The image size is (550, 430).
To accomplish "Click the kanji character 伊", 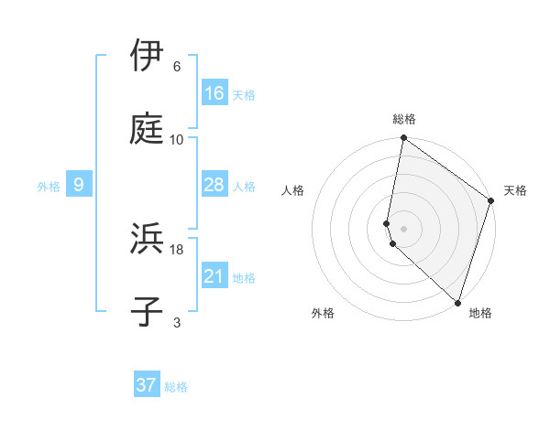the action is (147, 56).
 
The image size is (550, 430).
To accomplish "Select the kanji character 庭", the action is (147, 130).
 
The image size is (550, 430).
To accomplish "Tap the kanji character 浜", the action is (147, 240).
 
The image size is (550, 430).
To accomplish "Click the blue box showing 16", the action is (214, 93).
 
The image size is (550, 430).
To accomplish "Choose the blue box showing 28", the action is (214, 185).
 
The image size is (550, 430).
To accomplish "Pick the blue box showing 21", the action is (214, 276).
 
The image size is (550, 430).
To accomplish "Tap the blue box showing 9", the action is (79, 185).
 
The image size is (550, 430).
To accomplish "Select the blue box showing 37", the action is (147, 385).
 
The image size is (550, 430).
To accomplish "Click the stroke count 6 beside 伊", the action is (177, 67).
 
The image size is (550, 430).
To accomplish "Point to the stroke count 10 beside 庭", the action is (177, 140).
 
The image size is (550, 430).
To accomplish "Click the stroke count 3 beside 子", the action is (177, 323).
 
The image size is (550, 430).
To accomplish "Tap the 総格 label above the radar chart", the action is (404, 119).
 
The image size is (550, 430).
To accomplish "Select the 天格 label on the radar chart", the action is (515, 190).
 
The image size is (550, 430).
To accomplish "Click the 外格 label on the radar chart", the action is (323, 313).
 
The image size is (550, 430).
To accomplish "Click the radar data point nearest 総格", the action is (403, 139).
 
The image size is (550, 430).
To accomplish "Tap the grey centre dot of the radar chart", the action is (403, 228).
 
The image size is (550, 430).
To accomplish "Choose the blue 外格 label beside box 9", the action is (49, 186).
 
